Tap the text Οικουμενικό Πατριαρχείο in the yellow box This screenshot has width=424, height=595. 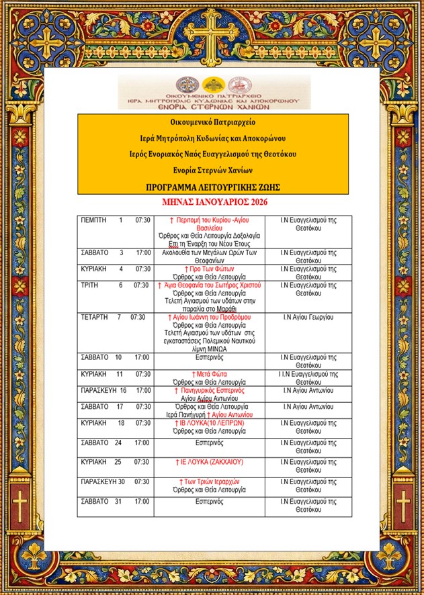pos(212,122)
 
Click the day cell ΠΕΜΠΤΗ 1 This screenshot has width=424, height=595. pos(101,220)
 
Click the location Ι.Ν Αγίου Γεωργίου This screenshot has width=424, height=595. pos(308,316)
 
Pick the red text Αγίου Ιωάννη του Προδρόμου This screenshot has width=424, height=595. pos(211,316)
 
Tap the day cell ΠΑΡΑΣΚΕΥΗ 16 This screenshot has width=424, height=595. pos(103,390)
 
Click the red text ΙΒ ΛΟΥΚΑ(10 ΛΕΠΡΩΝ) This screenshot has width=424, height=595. pos(210,423)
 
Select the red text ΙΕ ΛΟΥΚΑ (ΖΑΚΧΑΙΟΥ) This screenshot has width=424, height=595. pos(210,462)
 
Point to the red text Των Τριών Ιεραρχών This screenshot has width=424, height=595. pos(210,482)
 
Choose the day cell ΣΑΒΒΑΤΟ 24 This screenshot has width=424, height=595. pos(101,443)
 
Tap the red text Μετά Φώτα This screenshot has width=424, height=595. pos(210,373)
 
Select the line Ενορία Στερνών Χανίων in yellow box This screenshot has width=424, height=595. pos(212,170)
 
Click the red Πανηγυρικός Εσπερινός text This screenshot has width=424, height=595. pos(210,390)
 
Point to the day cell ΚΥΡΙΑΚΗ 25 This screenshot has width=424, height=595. pos(101,462)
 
